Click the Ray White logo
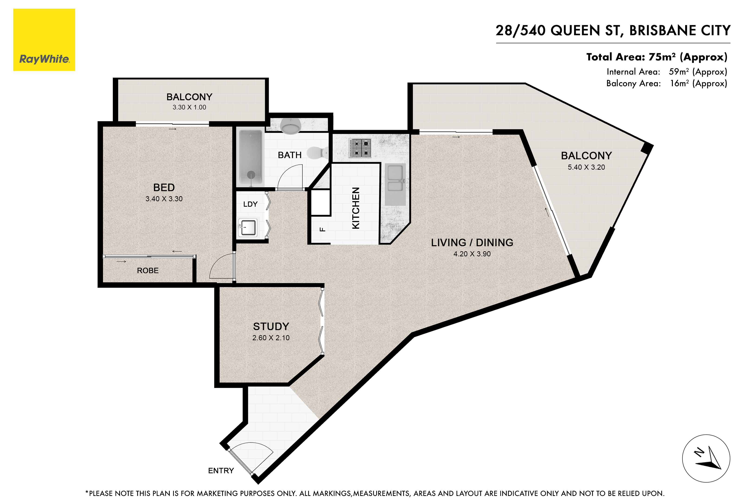pyautogui.click(x=44, y=40)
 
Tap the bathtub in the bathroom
pyautogui.click(x=250, y=158)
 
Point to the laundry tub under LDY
pyautogui.click(x=248, y=228)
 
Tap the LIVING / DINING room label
pyautogui.click(x=472, y=243)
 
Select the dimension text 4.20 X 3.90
pyautogui.click(x=472, y=254)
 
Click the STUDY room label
pyautogui.click(x=271, y=327)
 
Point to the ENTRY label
pyautogui.click(x=221, y=471)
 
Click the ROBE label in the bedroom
pyautogui.click(x=148, y=271)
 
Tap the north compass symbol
pyautogui.click(x=706, y=459)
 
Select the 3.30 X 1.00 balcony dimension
pyautogui.click(x=189, y=107)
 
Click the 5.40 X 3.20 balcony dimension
pyautogui.click(x=586, y=167)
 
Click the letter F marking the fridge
pyautogui.click(x=323, y=229)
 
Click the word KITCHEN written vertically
pyautogui.click(x=356, y=208)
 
